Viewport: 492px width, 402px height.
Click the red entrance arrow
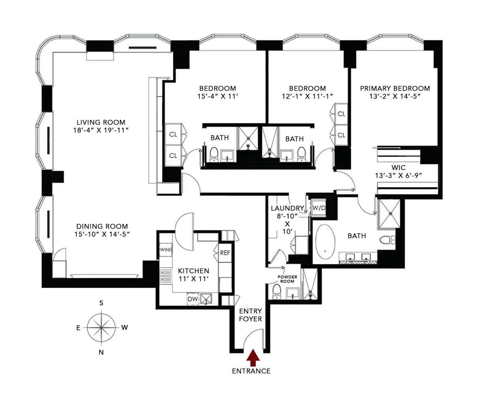click(253, 357)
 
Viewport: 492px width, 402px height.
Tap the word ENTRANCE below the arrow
click(251, 371)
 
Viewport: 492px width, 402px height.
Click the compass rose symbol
click(101, 328)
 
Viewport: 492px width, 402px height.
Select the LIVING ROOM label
click(101, 123)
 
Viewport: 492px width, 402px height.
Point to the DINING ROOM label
click(102, 227)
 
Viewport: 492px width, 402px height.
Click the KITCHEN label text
click(194, 271)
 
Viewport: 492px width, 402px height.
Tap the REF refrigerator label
click(225, 253)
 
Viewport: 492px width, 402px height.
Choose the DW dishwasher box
click(192, 300)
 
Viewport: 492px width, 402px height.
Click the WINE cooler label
click(166, 250)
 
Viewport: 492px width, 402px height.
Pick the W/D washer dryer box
click(319, 208)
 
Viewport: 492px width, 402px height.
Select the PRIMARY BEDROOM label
click(395, 89)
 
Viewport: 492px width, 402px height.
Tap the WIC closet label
click(398, 168)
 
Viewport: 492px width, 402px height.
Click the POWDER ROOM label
click(287, 279)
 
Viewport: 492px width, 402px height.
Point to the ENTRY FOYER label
click(250, 315)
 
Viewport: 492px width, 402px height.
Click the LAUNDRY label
click(287, 208)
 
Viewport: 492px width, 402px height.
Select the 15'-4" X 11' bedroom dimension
click(218, 97)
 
